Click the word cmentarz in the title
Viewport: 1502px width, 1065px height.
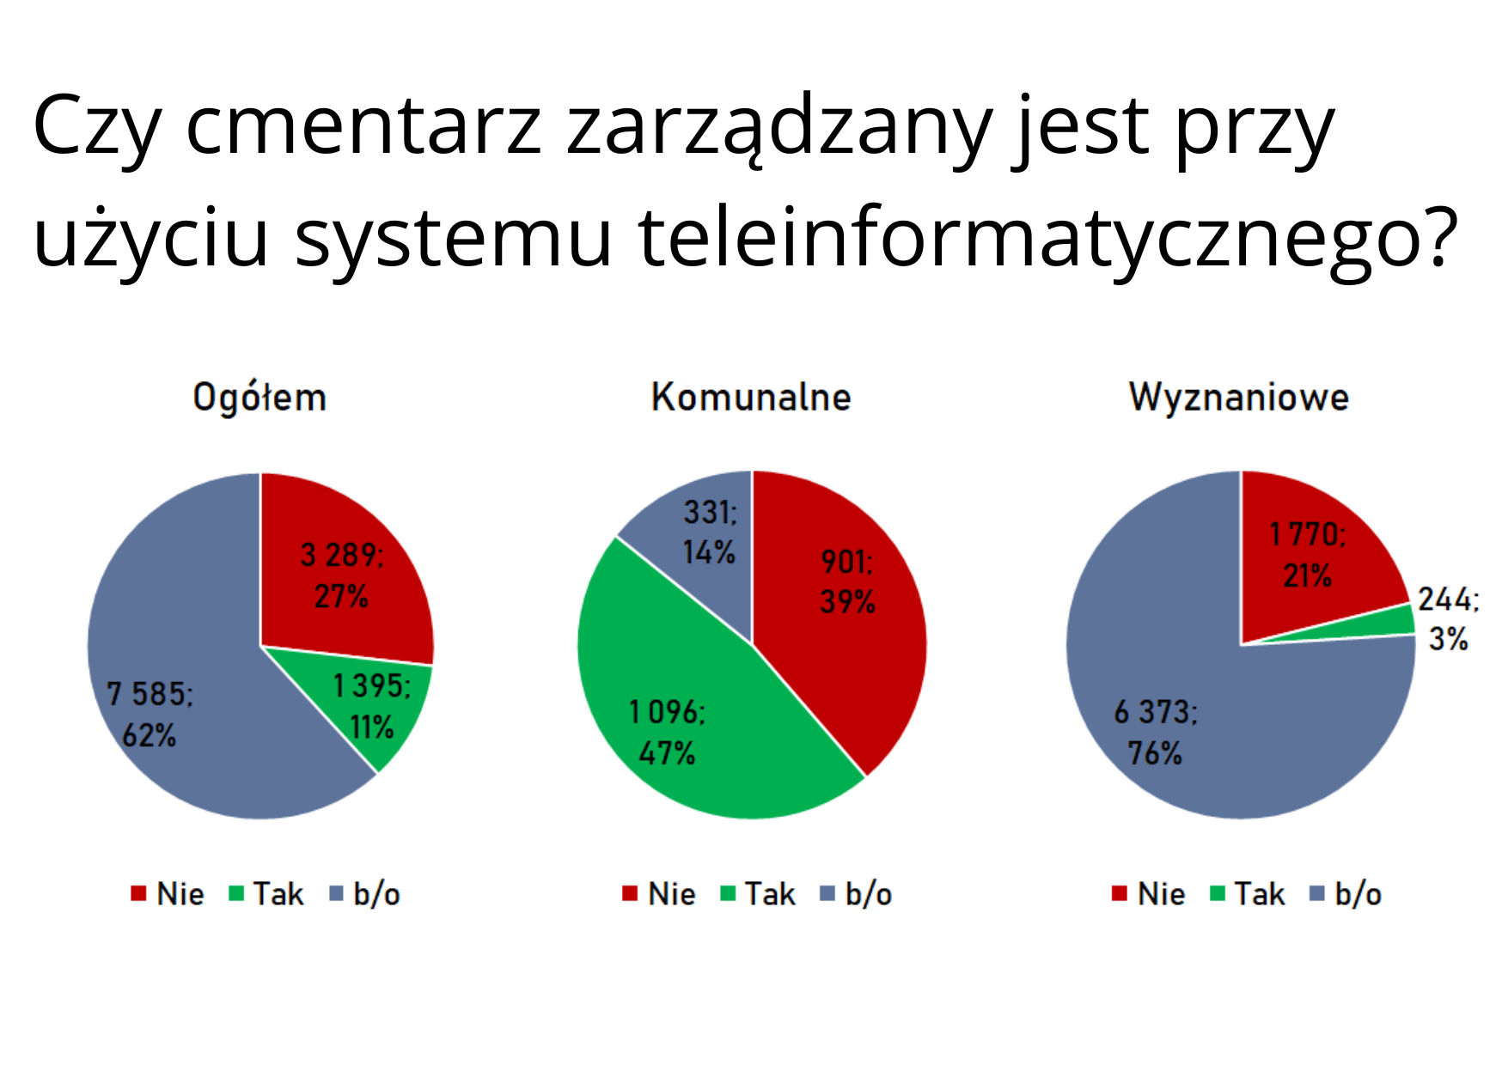tap(363, 126)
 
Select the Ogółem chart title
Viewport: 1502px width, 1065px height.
tap(259, 398)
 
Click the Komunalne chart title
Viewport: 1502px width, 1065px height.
tap(751, 397)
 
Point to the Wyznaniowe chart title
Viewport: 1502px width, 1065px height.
tap(1239, 398)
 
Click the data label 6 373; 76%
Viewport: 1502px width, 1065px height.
tap(1156, 733)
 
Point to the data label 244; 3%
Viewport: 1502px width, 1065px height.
tap(1449, 618)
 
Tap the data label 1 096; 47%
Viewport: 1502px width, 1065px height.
tap(667, 733)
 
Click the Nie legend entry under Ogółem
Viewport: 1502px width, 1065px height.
tap(168, 894)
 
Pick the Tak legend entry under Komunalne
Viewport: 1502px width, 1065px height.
tap(758, 894)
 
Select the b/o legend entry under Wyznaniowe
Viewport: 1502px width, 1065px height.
tap(1346, 894)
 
